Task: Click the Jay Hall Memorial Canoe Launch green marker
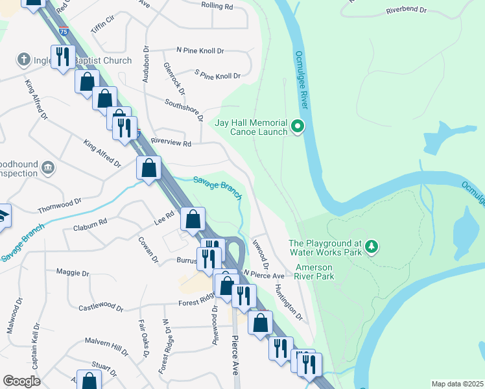click(298, 126)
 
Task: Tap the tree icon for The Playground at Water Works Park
click(371, 246)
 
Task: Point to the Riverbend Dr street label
click(406, 10)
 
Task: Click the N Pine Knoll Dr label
click(200, 50)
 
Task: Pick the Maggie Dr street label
click(72, 272)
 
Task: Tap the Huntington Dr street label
click(289, 301)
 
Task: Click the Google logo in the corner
click(21, 381)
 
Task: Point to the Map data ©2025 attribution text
click(457, 384)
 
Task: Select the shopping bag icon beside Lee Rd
click(193, 220)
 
